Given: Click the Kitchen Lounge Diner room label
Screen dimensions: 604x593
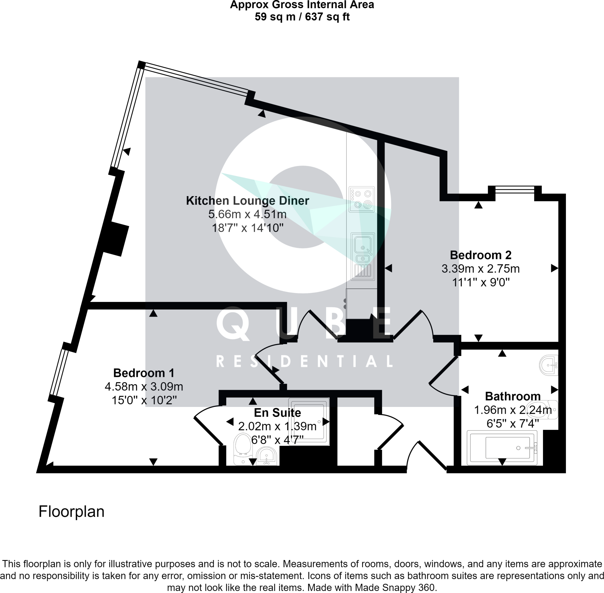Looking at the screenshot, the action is (x=247, y=201).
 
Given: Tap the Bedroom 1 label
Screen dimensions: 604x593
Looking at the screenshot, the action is (x=144, y=373).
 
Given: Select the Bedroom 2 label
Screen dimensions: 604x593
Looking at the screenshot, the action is (x=480, y=255).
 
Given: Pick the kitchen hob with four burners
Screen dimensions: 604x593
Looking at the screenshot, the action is (x=361, y=199).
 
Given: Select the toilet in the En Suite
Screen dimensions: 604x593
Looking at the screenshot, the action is (x=243, y=449).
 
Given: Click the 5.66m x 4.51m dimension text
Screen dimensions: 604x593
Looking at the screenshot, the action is (x=247, y=215).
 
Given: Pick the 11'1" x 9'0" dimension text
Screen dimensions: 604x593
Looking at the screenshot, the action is (x=480, y=282).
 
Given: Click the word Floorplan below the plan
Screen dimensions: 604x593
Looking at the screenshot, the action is (x=71, y=512).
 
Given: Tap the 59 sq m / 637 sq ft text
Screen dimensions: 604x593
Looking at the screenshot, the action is (x=302, y=17).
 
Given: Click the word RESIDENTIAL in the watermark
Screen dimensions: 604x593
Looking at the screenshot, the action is (x=304, y=361).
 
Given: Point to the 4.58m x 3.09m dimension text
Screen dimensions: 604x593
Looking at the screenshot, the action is (x=144, y=387).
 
